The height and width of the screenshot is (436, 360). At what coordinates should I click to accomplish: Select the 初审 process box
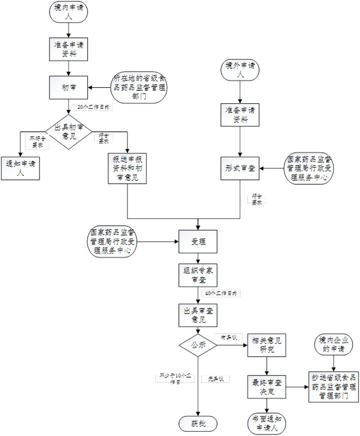(x=68, y=88)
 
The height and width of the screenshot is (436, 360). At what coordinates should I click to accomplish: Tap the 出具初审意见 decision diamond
(x=68, y=131)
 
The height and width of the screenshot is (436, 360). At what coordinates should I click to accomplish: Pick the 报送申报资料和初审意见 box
(x=128, y=168)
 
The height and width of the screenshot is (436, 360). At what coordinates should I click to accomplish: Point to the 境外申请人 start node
(x=240, y=70)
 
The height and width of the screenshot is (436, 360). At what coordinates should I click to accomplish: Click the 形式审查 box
(x=240, y=168)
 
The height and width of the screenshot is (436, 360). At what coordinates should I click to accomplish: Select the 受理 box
(x=198, y=242)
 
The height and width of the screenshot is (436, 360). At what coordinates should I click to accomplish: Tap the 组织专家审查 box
(x=198, y=276)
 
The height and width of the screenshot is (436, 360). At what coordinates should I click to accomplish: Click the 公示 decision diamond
(x=198, y=345)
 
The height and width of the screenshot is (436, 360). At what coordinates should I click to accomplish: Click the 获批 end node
(x=198, y=424)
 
